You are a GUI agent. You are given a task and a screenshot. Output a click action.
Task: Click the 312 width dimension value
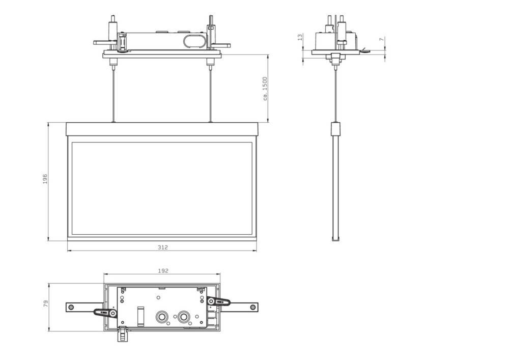(x=162, y=247)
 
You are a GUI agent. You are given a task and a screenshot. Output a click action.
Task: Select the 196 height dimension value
(x=45, y=179)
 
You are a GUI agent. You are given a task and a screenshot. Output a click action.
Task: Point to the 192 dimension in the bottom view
(x=162, y=271)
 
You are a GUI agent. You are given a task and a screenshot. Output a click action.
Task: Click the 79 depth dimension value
(x=45, y=304)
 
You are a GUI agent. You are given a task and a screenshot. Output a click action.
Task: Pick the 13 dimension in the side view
(x=300, y=38)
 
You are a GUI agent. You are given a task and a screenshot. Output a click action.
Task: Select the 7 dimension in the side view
(x=382, y=40)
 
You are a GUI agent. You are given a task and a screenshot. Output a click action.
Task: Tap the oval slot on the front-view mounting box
(x=193, y=41)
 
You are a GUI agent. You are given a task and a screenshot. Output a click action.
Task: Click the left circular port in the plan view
(x=162, y=317)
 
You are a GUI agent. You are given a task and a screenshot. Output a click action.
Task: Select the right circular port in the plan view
(x=184, y=317)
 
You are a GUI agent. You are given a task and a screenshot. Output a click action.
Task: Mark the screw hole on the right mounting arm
(x=252, y=307)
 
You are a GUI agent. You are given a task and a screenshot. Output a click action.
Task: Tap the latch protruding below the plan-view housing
(x=122, y=335)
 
